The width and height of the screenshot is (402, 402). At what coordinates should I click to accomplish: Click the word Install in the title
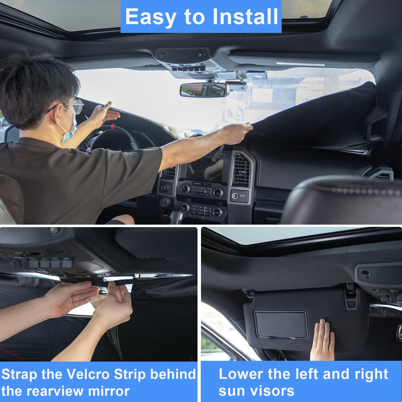[245, 16]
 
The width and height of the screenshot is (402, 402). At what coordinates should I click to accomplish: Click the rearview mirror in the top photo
[204, 90]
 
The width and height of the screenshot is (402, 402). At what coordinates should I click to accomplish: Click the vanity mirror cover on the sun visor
[281, 324]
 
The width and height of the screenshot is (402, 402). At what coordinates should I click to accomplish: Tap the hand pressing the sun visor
[322, 340]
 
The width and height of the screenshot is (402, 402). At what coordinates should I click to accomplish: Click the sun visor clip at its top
[351, 296]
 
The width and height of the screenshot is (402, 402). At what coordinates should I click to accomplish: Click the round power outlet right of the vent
[235, 195]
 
